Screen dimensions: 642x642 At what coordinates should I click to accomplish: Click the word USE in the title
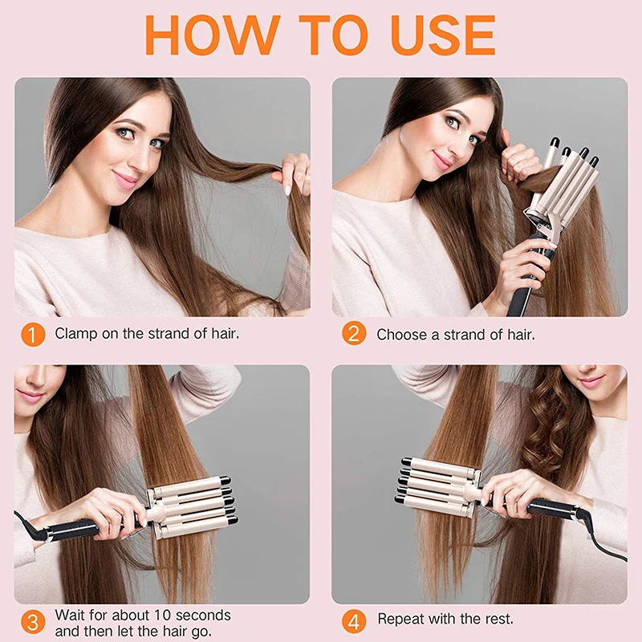442,35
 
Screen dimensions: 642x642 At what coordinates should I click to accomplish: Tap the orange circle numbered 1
32,333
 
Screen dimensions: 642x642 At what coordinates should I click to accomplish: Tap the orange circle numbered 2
353,333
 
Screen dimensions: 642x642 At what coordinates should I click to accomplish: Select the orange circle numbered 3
32,622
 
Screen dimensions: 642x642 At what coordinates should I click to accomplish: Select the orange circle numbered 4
353,620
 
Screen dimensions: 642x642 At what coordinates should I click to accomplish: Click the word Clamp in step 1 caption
76,333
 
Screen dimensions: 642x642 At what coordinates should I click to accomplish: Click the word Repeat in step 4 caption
401,619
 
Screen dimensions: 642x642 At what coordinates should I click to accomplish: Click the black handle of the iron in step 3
76,530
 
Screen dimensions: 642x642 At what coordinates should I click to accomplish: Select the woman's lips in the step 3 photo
30,396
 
